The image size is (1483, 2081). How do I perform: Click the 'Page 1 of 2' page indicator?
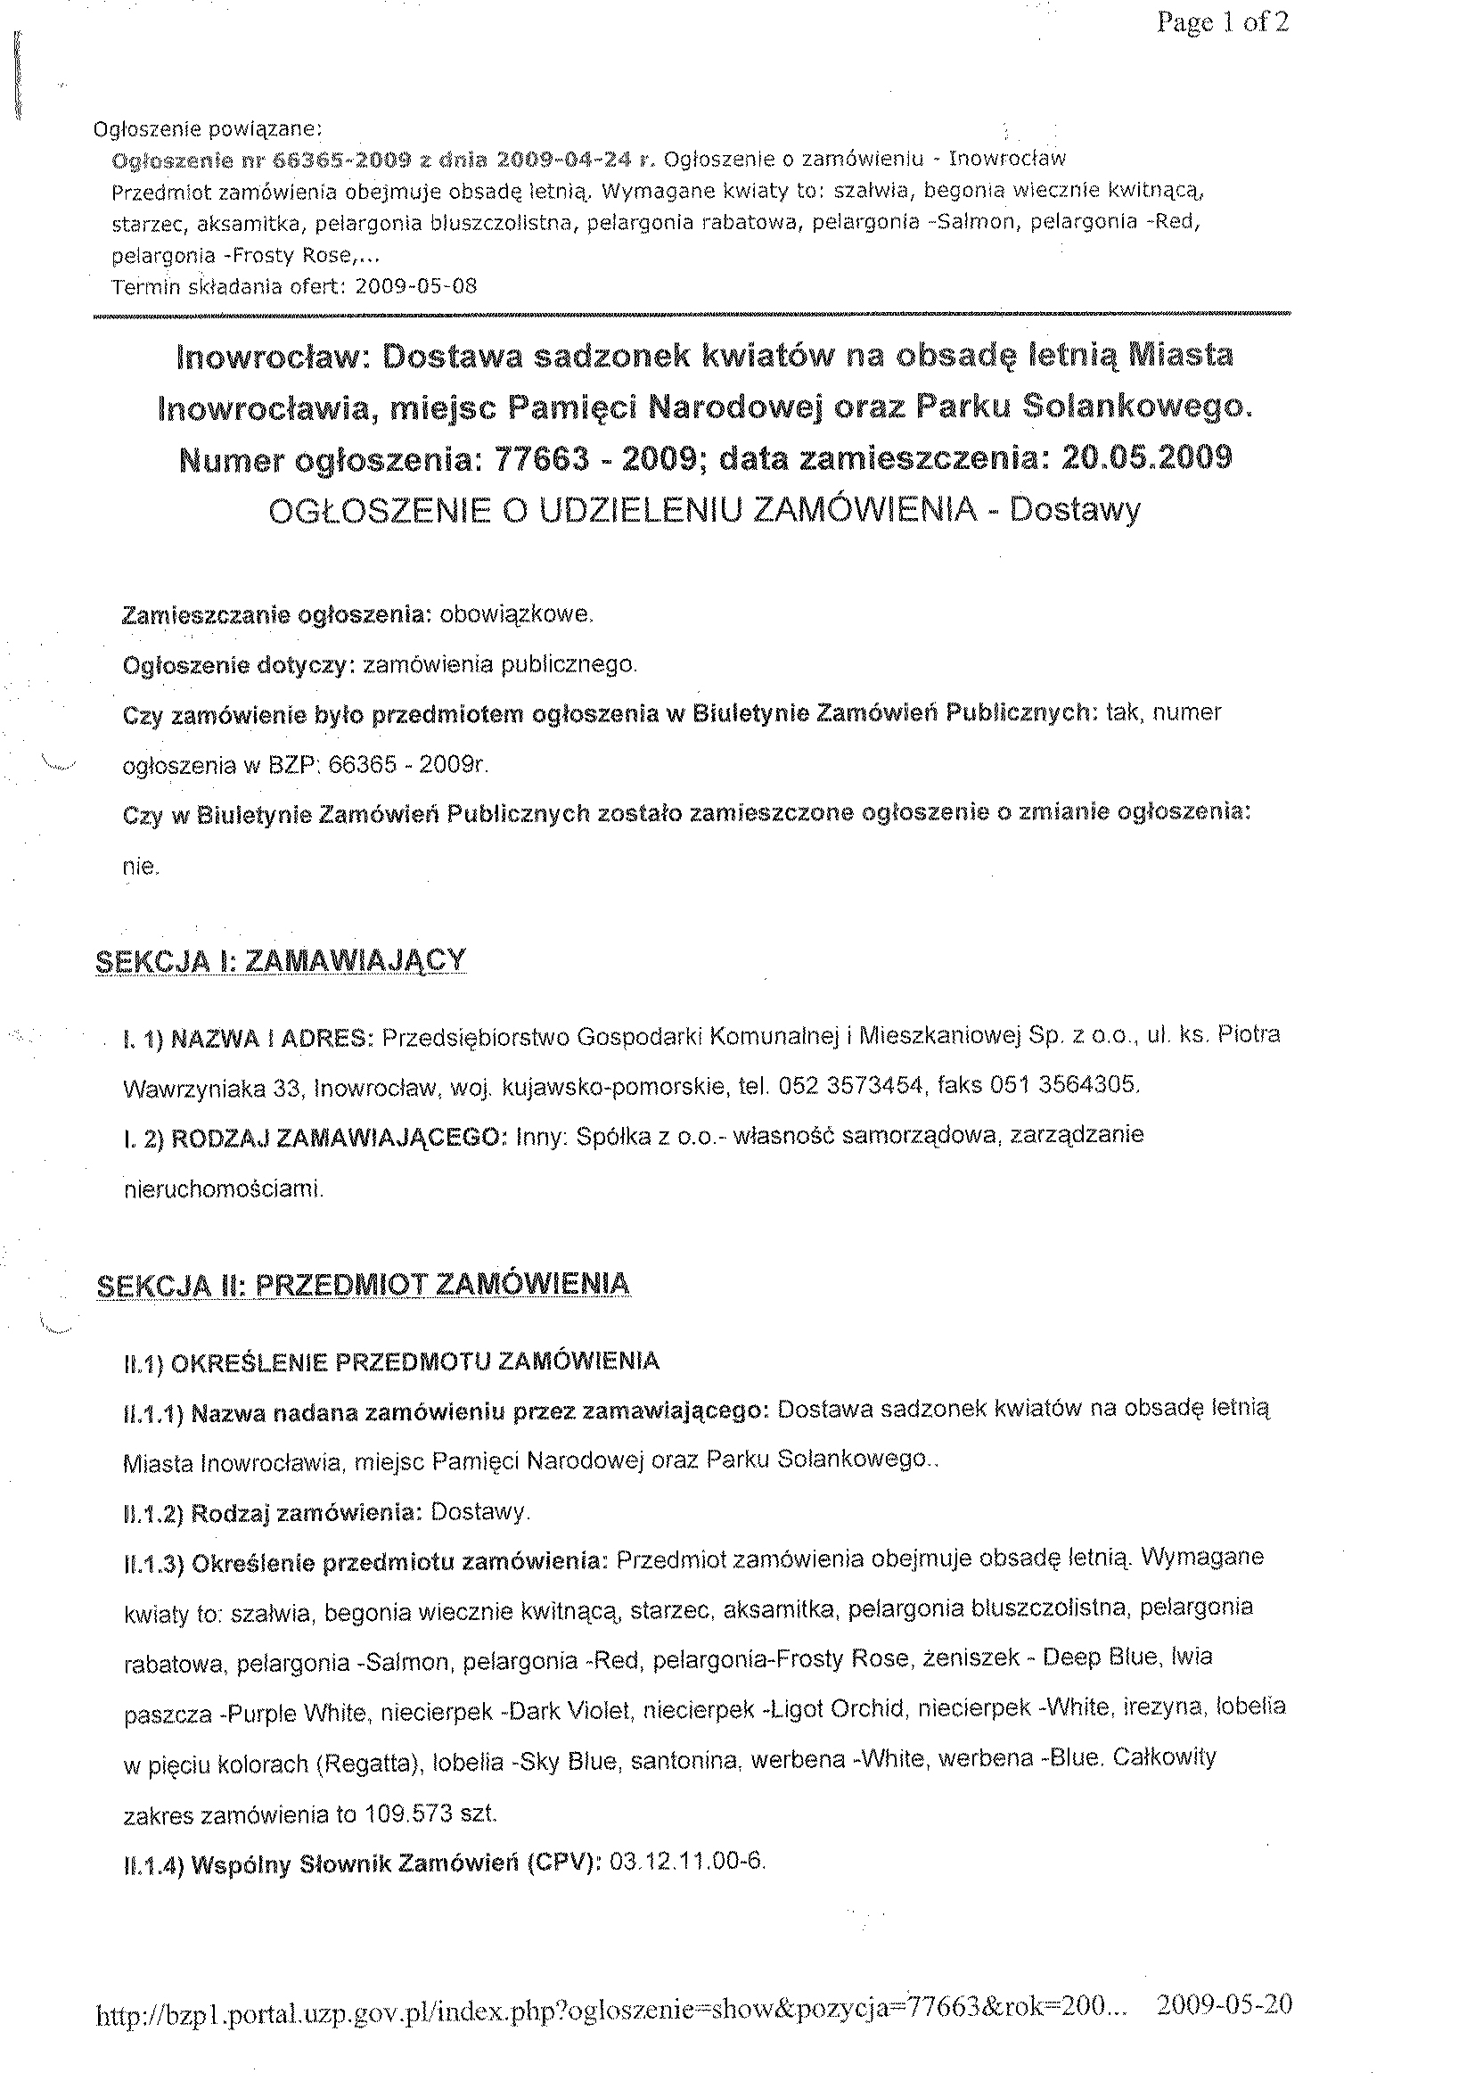[x=1222, y=22]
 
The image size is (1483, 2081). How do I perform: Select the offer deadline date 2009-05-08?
[x=415, y=286]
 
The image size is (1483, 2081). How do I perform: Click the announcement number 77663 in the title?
[x=541, y=458]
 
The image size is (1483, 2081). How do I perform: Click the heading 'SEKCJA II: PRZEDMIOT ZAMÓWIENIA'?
[x=363, y=1285]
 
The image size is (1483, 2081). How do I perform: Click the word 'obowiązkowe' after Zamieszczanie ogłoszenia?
[x=516, y=615]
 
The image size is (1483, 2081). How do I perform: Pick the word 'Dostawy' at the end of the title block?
[x=1075, y=510]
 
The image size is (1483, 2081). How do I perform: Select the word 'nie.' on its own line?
[x=141, y=866]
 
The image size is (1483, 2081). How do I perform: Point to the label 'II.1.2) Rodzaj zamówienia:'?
[x=272, y=1513]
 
